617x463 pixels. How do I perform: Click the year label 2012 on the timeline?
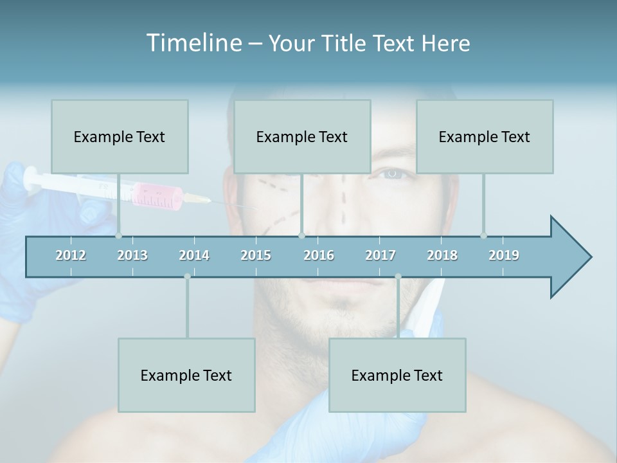point(71,255)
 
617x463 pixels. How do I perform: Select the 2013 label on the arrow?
point(132,255)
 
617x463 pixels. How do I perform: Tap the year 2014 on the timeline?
point(194,255)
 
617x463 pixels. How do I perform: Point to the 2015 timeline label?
point(256,255)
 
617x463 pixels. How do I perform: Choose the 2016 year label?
point(319,255)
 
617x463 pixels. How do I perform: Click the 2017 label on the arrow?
point(380,255)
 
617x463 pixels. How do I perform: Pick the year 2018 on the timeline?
point(442,255)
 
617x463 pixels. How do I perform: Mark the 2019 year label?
point(504,255)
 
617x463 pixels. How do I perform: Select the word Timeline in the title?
point(193,43)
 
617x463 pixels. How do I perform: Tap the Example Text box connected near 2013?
point(120,136)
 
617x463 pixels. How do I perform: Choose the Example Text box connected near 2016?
point(302,136)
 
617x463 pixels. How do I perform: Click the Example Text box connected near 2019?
point(485,136)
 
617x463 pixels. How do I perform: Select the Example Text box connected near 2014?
point(186,375)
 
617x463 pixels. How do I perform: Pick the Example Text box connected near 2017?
point(397,375)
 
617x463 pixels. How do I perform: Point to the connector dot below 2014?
point(187,277)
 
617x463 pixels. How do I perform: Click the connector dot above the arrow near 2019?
point(483,235)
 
